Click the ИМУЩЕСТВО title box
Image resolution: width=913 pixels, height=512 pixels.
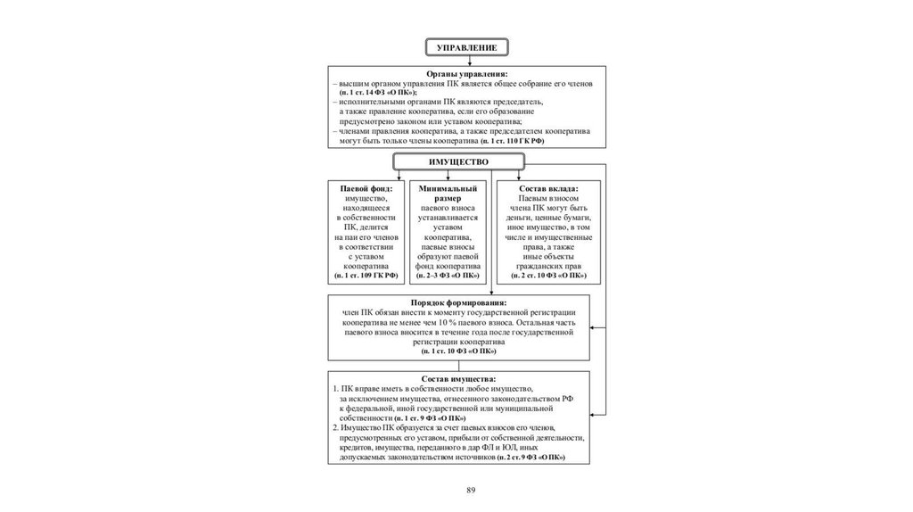point(459,161)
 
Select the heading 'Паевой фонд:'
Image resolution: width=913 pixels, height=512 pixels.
point(366,189)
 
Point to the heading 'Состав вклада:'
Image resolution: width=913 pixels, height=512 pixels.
point(549,189)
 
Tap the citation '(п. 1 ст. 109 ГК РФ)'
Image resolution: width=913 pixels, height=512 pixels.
point(366,276)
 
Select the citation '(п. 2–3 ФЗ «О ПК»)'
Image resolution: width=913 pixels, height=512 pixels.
point(448,276)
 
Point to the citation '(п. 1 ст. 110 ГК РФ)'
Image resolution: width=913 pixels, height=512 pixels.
point(511,141)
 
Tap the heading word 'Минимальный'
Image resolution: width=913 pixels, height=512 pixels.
point(448,189)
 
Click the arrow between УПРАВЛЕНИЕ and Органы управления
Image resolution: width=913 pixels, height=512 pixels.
point(470,60)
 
